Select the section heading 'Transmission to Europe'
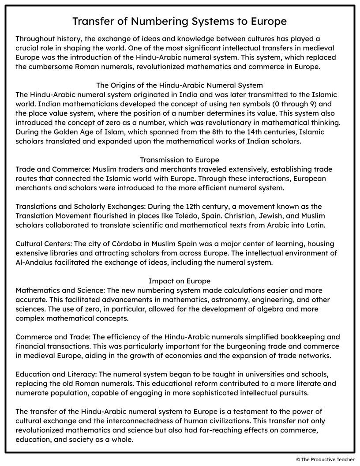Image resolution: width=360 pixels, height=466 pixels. pos(180,160)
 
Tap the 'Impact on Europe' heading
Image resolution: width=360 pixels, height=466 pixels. pos(180,281)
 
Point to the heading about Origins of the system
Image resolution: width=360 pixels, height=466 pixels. pos(180,85)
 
